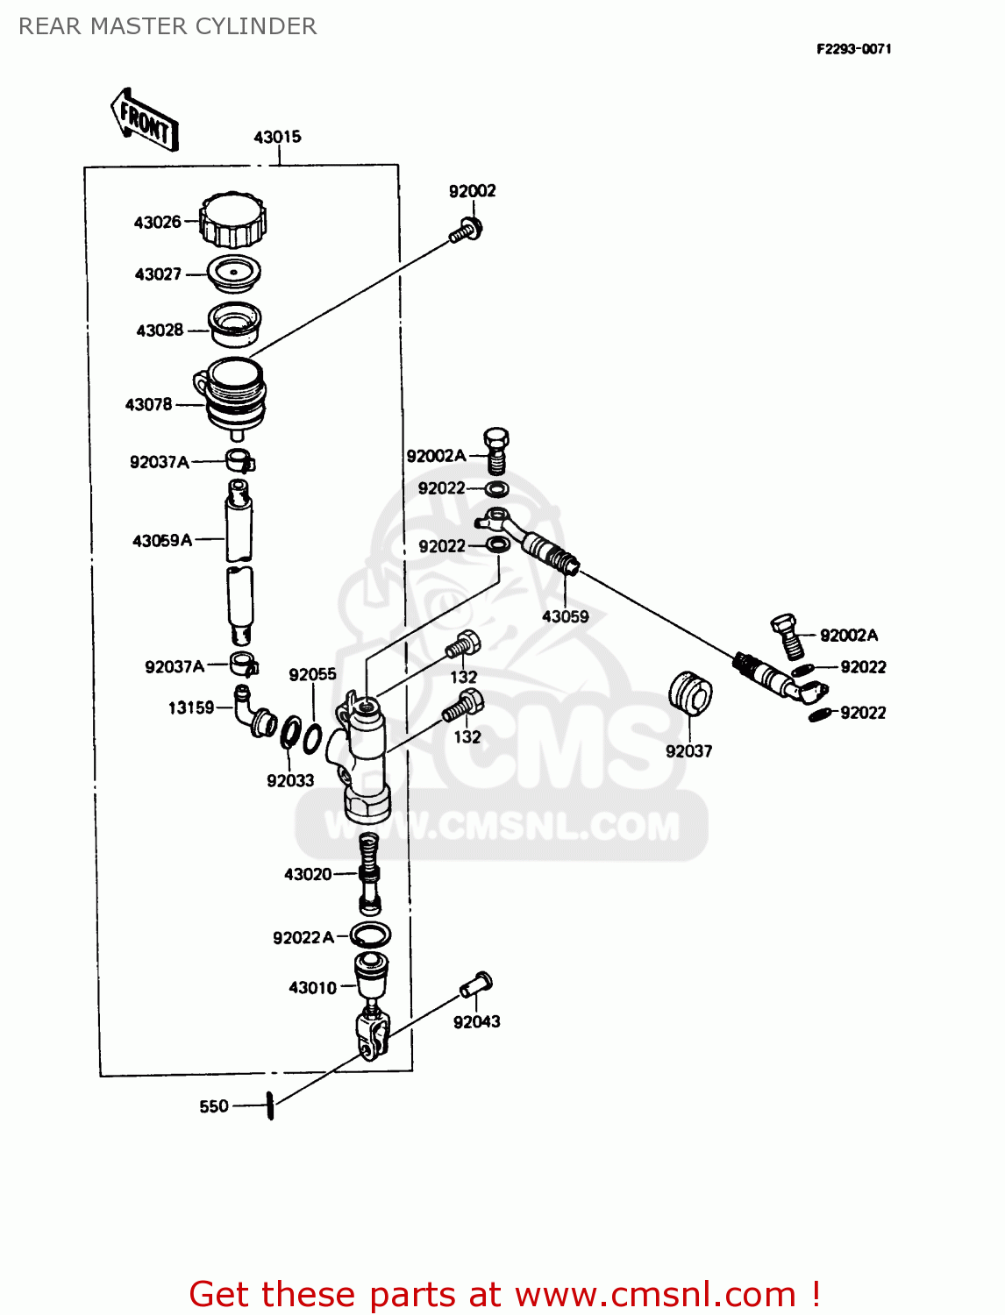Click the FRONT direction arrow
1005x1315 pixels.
click(x=145, y=120)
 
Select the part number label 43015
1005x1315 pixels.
click(x=277, y=137)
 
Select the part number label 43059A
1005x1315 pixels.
click(x=162, y=541)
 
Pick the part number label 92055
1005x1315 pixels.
click(x=312, y=674)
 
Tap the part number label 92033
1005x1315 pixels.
click(x=290, y=780)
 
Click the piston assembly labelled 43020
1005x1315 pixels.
click(x=370, y=872)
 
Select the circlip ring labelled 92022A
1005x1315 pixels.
click(x=370, y=935)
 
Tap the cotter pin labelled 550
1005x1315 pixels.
click(x=271, y=1105)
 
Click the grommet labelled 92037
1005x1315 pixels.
click(x=690, y=693)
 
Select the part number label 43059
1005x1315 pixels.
click(x=565, y=616)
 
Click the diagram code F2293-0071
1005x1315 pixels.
click(x=853, y=49)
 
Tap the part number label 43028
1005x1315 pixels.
click(x=160, y=331)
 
